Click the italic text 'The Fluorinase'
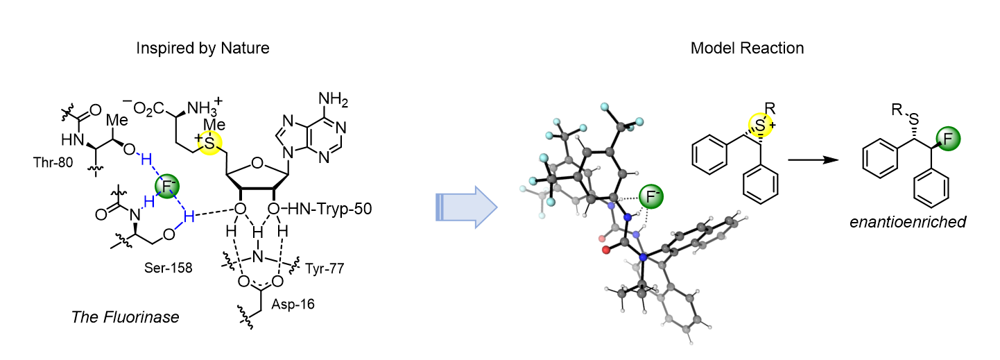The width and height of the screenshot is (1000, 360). coord(126,317)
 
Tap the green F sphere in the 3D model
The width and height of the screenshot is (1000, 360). coord(649,198)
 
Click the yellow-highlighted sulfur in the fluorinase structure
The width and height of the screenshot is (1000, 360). coord(210,143)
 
